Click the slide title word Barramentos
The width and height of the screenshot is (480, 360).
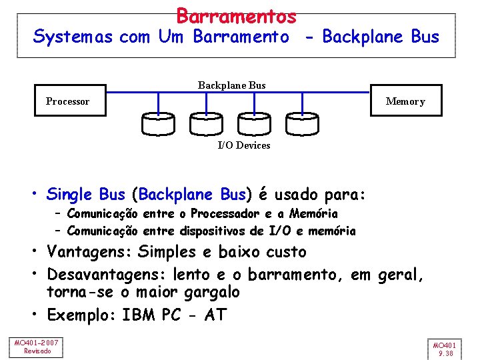tap(236, 15)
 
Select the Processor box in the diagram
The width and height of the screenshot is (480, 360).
tap(67, 101)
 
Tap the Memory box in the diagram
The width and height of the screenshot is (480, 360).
tap(405, 101)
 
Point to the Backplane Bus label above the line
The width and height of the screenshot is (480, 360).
tap(231, 85)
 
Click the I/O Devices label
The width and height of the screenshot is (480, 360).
tap(244, 145)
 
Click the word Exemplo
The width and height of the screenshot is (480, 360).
tap(79, 314)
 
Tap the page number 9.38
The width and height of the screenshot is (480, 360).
tap(444, 354)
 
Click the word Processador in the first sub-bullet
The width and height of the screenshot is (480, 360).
tap(223, 214)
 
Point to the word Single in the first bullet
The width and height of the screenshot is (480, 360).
tap(69, 195)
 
